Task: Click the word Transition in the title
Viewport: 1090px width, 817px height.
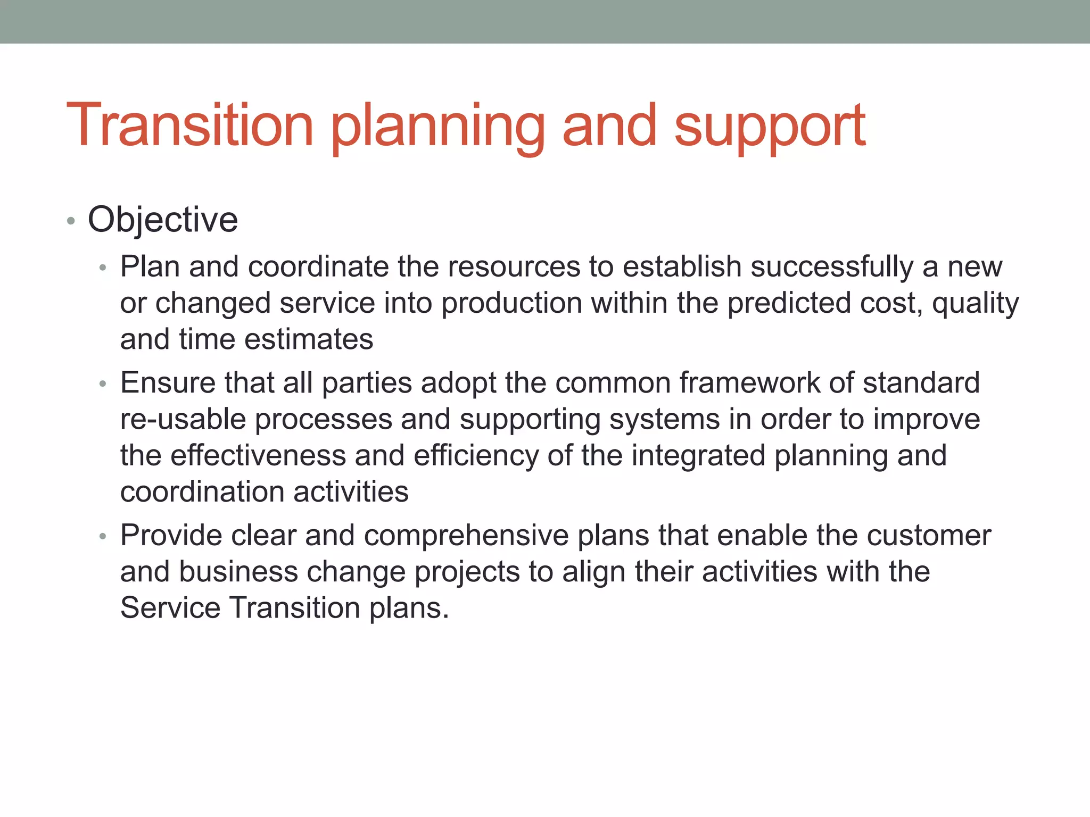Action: (189, 126)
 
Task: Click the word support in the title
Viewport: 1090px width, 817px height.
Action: (770, 128)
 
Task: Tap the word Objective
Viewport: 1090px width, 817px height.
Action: (163, 220)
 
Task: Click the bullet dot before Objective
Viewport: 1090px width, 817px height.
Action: (71, 221)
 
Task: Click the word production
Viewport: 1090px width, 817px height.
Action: (511, 304)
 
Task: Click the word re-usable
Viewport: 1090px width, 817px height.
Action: (183, 419)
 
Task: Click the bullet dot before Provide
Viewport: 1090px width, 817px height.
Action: (103, 537)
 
